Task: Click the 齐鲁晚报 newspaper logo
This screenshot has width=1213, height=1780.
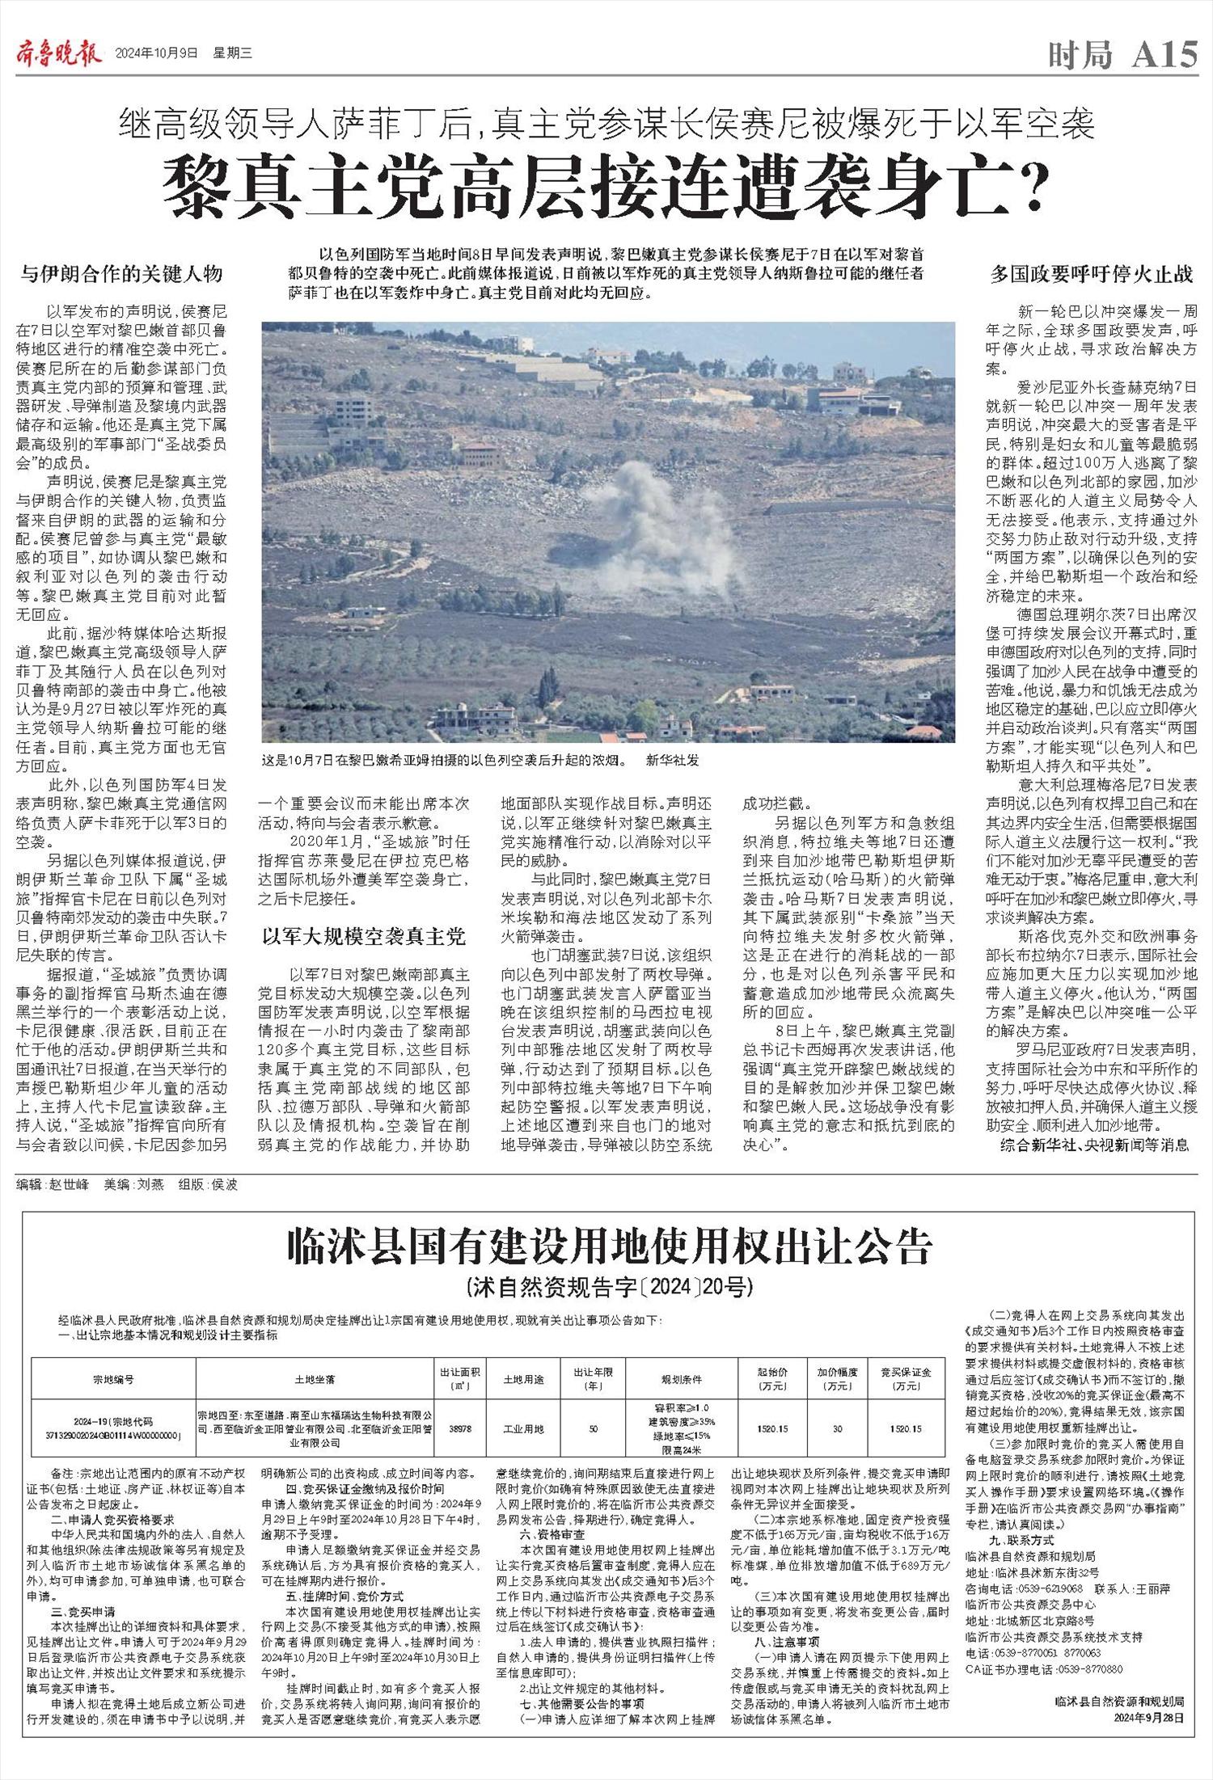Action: (x=59, y=54)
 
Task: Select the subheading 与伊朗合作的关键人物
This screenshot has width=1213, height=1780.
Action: (x=121, y=274)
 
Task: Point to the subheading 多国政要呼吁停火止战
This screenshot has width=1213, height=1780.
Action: (x=1092, y=274)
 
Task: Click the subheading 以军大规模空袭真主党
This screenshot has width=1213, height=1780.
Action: (x=363, y=936)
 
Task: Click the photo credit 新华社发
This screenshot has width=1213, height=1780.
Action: (x=672, y=761)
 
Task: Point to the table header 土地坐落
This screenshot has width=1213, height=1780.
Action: (x=315, y=1379)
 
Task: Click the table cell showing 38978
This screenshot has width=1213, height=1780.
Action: (x=459, y=1428)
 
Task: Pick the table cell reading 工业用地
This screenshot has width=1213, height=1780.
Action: (x=524, y=1428)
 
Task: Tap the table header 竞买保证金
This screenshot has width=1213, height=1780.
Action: (x=906, y=1378)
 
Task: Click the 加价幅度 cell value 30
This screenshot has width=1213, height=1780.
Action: (x=837, y=1428)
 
